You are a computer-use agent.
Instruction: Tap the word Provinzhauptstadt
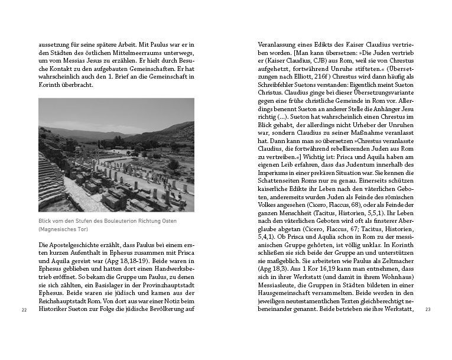(167, 286)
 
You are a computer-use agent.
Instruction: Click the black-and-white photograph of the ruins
(116, 155)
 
